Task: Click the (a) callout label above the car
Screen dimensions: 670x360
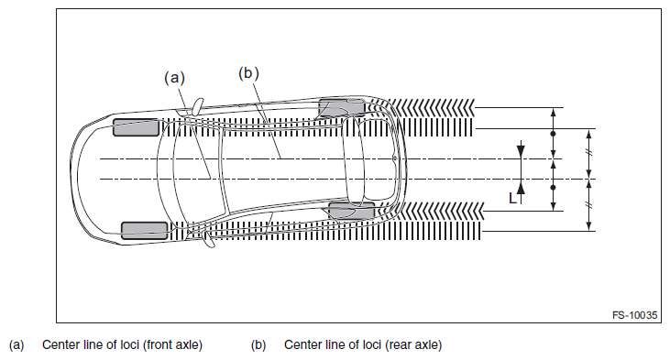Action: point(174,78)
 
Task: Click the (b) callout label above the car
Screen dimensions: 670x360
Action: point(248,73)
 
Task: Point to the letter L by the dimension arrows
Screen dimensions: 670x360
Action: point(512,198)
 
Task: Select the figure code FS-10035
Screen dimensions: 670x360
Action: point(634,315)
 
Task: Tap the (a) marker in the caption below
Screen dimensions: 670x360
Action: point(16,344)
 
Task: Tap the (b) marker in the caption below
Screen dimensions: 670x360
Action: point(258,344)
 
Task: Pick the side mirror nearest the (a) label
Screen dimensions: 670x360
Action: point(198,106)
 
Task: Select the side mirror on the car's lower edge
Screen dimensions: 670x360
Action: point(208,240)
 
